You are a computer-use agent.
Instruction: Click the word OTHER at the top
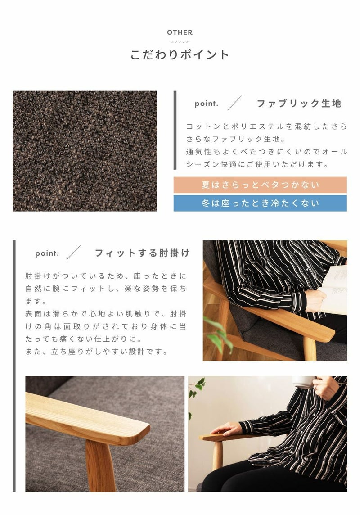pyautogui.click(x=180, y=32)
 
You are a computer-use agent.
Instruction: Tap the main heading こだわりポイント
pyautogui.click(x=180, y=54)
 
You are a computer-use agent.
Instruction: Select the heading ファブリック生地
pyautogui.click(x=299, y=104)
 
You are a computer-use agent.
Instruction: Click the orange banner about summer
pyautogui.click(x=260, y=185)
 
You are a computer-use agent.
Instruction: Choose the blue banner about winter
pyautogui.click(x=260, y=203)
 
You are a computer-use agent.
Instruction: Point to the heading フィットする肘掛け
pyautogui.click(x=142, y=253)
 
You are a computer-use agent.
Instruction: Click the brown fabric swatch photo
pyautogui.click(x=85, y=151)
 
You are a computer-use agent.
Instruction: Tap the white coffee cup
pyautogui.click(x=304, y=382)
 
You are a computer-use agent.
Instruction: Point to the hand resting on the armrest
pyautogui.click(x=227, y=429)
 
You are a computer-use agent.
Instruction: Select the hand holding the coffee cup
pyautogui.click(x=325, y=388)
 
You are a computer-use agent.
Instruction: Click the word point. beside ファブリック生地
pyautogui.click(x=207, y=104)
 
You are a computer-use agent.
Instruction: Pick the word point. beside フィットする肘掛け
pyautogui.click(x=47, y=253)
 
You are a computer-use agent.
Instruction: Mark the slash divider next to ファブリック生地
pyautogui.click(x=234, y=103)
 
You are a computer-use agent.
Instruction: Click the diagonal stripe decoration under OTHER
pyautogui.click(x=180, y=42)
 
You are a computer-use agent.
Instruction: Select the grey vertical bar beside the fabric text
pyautogui.click(x=175, y=130)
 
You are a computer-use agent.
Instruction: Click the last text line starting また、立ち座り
pyautogui.click(x=96, y=352)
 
